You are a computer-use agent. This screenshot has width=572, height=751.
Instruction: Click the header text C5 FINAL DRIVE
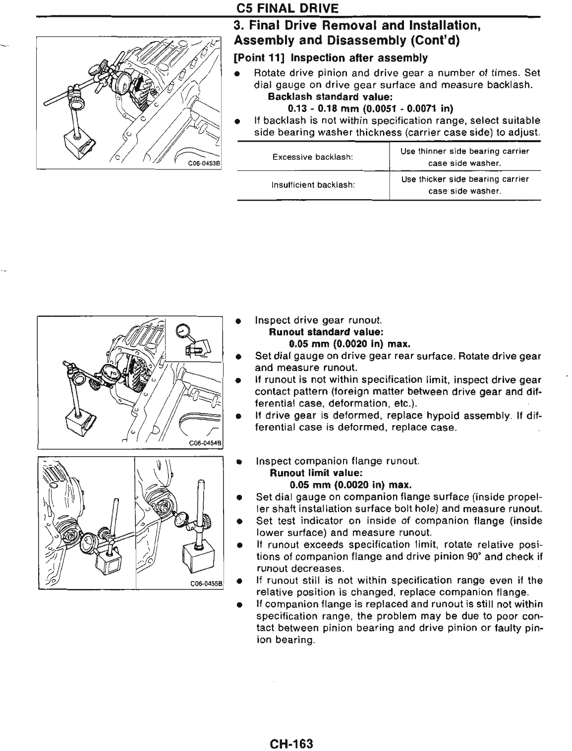pyautogui.click(x=287, y=8)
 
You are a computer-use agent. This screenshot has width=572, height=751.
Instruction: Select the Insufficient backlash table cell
pyautogui.click(x=313, y=185)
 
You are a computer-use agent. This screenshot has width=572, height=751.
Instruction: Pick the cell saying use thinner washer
pyautogui.click(x=464, y=157)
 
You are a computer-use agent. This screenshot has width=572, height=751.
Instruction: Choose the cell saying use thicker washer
pyautogui.click(x=464, y=185)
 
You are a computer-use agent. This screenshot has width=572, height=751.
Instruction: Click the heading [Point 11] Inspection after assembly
pyautogui.click(x=330, y=58)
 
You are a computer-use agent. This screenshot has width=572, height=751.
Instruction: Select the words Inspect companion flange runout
pyautogui.click(x=338, y=461)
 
